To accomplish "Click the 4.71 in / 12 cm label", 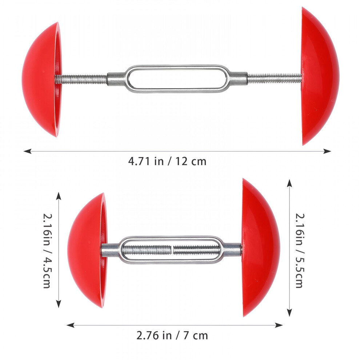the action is click(167, 161).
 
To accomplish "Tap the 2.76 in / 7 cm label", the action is click(172, 336).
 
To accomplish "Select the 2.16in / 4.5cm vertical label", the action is click(47, 251).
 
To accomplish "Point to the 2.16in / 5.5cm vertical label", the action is click(300, 251).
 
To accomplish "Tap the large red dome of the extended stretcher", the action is click(320, 76).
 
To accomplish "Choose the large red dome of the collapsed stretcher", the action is click(261, 248).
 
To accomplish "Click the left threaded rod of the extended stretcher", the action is click(81, 79).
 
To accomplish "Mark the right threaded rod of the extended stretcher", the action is click(275, 78).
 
